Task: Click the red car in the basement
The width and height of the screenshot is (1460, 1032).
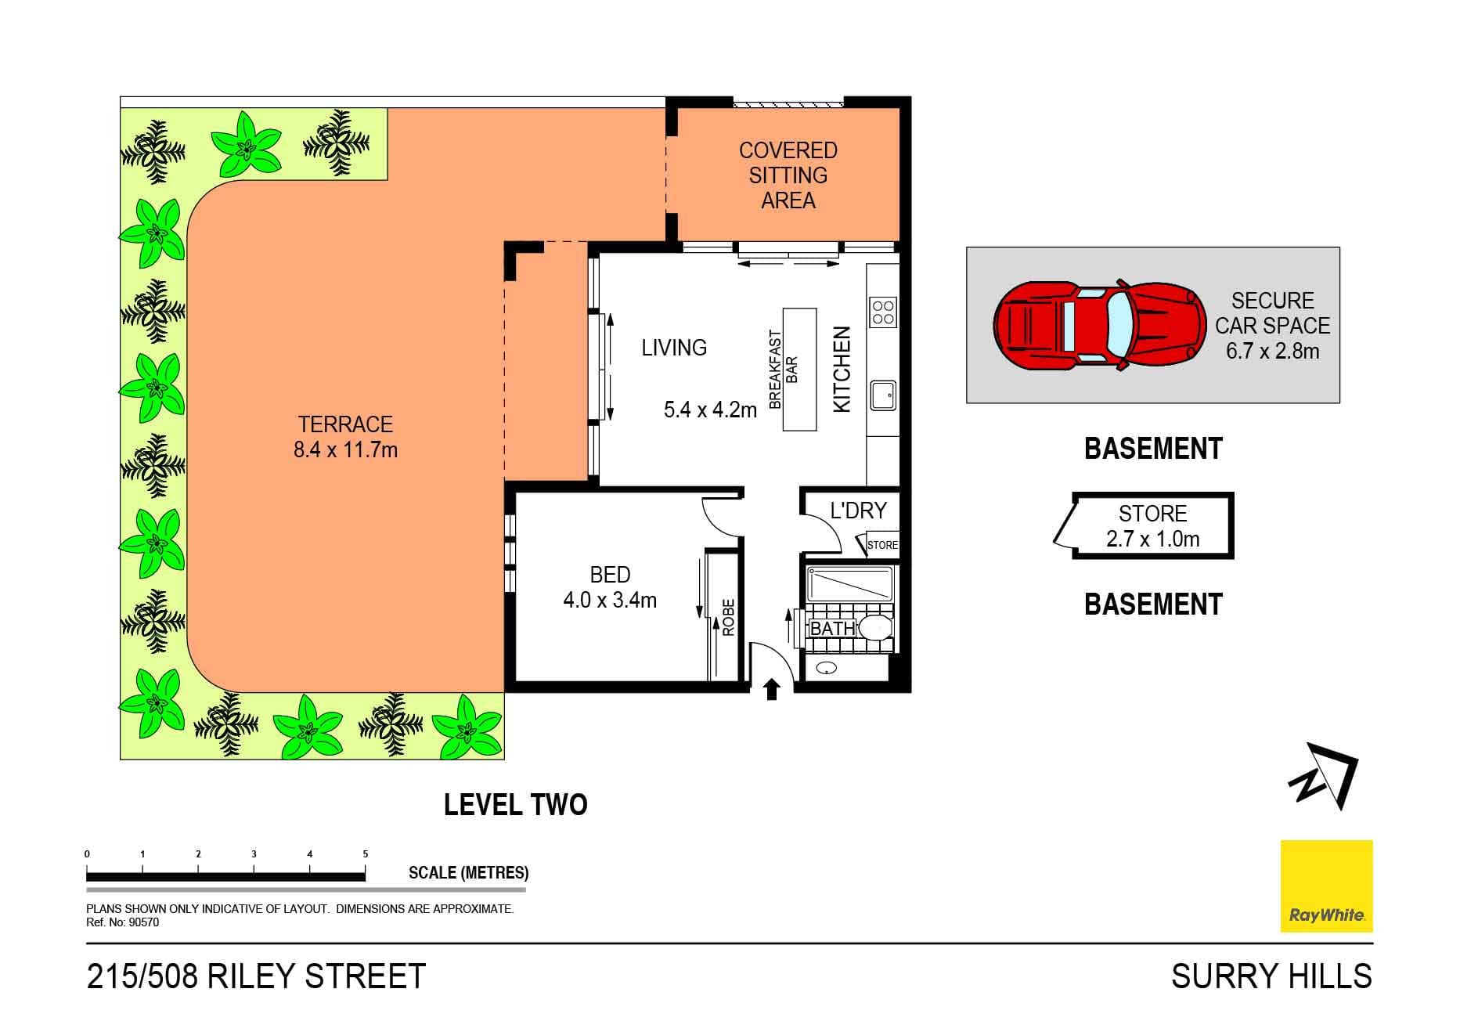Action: pyautogui.click(x=1100, y=326)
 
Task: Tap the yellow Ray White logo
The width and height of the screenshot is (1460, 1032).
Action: pyautogui.click(x=1326, y=886)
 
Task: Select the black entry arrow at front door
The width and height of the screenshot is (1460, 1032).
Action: pyautogui.click(x=772, y=689)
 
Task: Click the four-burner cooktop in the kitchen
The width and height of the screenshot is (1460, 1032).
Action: pyautogui.click(x=883, y=312)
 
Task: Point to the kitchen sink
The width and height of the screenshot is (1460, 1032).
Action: pyautogui.click(x=883, y=395)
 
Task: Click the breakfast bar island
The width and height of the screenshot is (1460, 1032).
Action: pyautogui.click(x=799, y=370)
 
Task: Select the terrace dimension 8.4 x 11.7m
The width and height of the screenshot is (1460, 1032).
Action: pyautogui.click(x=345, y=450)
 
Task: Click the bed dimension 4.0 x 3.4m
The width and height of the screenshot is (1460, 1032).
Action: pyautogui.click(x=610, y=601)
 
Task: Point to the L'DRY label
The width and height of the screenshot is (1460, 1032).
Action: pyautogui.click(x=858, y=511)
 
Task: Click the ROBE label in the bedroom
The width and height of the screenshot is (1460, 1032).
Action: pyautogui.click(x=728, y=618)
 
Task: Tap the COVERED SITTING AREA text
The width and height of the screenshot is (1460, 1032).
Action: pyautogui.click(x=788, y=175)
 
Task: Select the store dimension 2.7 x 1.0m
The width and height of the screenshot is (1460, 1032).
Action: pyautogui.click(x=1152, y=539)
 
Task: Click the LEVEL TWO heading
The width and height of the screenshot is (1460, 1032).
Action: pyautogui.click(x=515, y=805)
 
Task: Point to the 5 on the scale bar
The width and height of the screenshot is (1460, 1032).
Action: pyautogui.click(x=365, y=854)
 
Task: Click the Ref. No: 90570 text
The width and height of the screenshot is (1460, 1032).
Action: pyautogui.click(x=122, y=922)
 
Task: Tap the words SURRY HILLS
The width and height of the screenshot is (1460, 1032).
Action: pyautogui.click(x=1271, y=976)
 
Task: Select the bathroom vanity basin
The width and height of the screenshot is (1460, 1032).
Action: pyautogui.click(x=827, y=668)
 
